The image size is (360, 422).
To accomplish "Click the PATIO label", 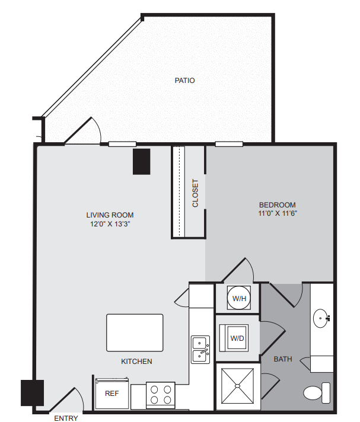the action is coord(184,81).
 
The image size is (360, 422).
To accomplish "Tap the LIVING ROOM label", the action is coord(110,215).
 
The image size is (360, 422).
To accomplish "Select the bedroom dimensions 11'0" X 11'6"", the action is coord(278,213).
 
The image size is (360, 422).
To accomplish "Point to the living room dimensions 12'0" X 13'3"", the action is coord(110,223).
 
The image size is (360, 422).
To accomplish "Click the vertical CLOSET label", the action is coord(195,193).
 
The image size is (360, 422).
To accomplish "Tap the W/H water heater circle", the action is coord(239,298).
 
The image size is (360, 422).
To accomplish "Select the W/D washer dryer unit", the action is coord(234,338).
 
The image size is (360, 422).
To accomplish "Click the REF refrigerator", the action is coord(111,394).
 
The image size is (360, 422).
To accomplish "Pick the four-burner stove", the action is coord(161,395).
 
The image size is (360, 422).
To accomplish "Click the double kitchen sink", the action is coord(200,350).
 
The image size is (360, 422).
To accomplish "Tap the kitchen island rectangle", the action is coord(135,333).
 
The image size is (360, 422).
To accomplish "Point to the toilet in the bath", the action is coord(317,393).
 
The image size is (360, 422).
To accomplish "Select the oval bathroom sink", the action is coord(320,318).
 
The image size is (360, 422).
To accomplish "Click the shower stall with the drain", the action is coord(237,386).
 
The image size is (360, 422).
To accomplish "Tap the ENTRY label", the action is coord(66,418).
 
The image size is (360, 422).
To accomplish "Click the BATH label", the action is coord(283,359).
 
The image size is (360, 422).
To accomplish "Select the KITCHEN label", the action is coord(136,361).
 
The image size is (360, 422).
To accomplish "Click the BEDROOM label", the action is coord(278,205).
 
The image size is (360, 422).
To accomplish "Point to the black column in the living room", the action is coord(141,161).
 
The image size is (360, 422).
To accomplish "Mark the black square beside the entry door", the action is coord(32,393).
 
